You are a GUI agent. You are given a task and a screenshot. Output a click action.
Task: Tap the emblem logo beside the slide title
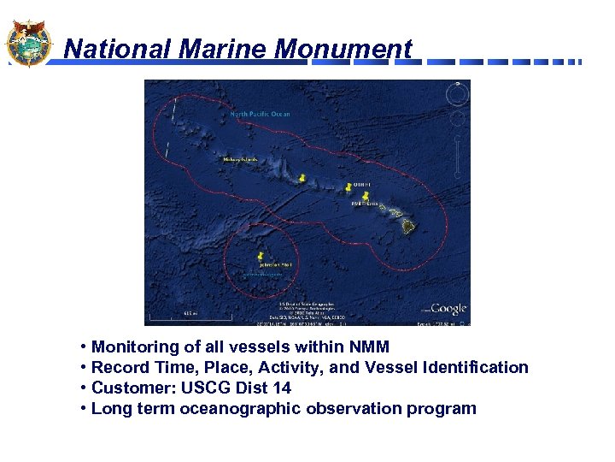coord(28,42)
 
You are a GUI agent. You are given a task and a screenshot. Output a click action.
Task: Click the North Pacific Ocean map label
coord(260,114)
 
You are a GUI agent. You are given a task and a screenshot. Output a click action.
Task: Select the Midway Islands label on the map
coord(240,159)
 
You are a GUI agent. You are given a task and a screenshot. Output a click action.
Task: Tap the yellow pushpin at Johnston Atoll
coord(260,256)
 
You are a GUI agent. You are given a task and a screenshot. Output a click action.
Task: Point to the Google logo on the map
coord(448,309)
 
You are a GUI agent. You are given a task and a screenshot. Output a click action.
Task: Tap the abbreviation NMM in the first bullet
coord(366,346)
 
